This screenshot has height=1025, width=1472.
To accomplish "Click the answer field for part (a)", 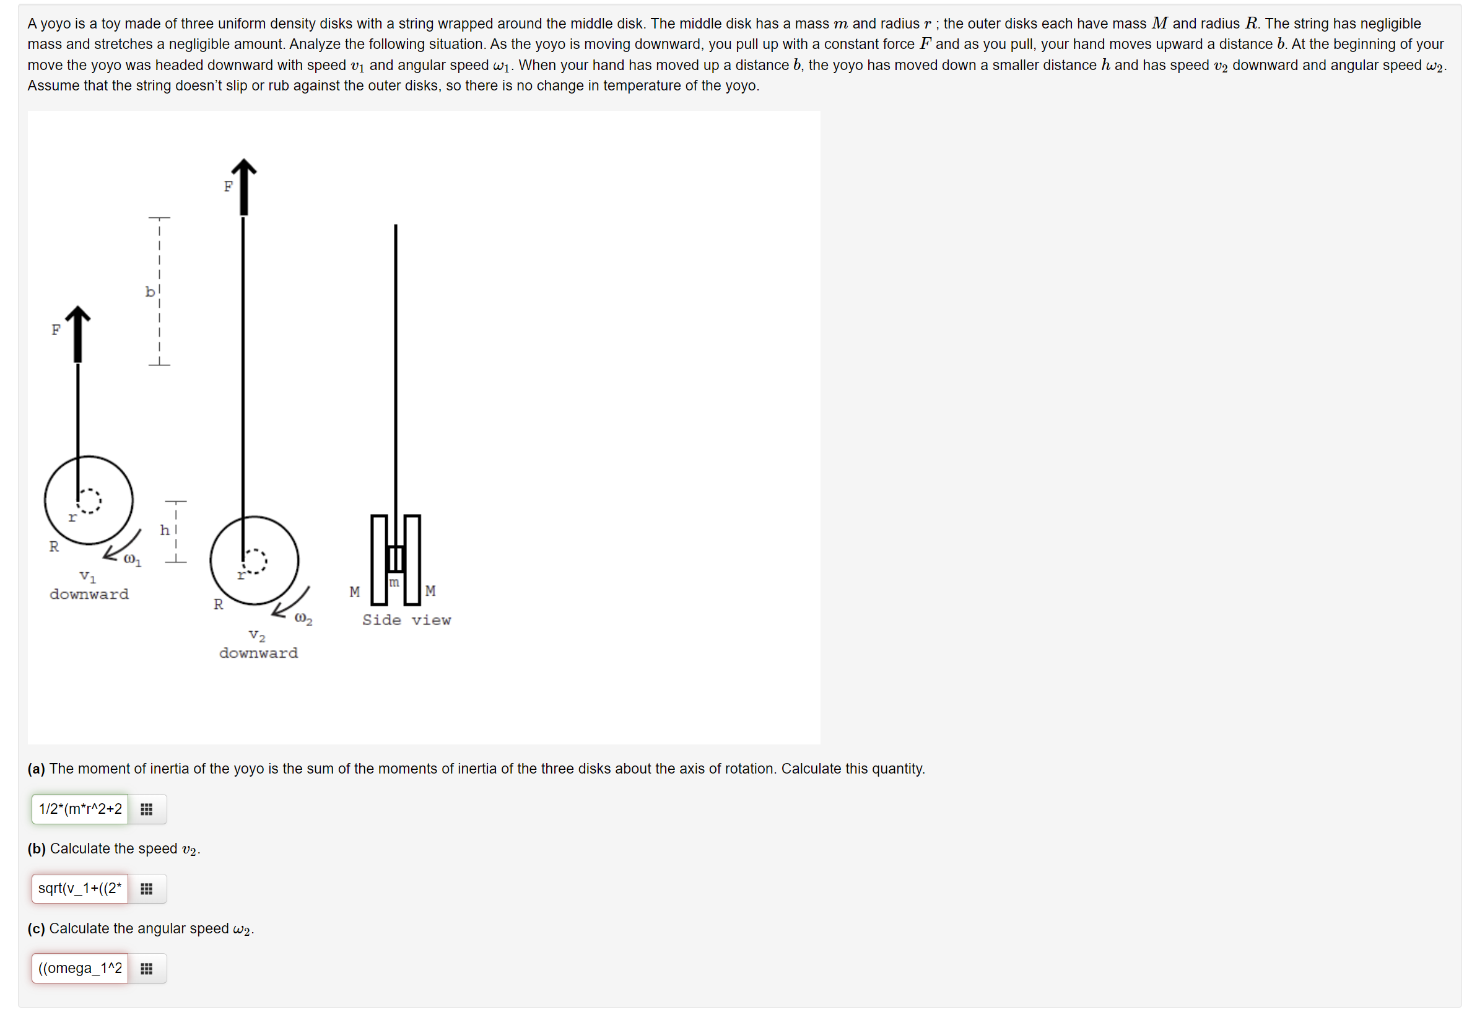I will (x=79, y=808).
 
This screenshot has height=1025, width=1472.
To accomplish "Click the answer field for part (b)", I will (x=79, y=888).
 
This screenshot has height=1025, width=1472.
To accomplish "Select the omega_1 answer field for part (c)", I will (x=79, y=967).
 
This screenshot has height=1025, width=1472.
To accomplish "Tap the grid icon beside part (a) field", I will (x=146, y=809).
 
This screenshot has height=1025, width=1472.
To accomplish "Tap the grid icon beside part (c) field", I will (x=146, y=968).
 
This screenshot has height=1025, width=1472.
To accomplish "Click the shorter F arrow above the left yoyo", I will (x=77, y=333).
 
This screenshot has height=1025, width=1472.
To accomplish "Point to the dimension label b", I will (x=149, y=292).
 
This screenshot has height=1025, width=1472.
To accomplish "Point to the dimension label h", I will (x=165, y=530).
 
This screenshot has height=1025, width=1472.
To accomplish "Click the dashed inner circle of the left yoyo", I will (x=89, y=500).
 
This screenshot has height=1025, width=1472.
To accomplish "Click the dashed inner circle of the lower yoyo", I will (x=255, y=561).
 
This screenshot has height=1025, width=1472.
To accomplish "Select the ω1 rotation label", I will (x=132, y=560).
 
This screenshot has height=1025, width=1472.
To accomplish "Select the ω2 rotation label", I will (x=303, y=619).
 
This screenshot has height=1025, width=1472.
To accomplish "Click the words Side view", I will (x=406, y=620).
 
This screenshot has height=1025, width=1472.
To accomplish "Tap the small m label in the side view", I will (x=394, y=582).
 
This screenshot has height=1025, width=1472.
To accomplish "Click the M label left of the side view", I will (x=355, y=591).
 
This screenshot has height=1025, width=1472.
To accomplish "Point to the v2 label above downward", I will (x=257, y=635).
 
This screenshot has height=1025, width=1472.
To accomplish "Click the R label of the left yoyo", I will (x=54, y=546).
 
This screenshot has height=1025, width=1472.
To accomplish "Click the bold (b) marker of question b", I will (x=37, y=848).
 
